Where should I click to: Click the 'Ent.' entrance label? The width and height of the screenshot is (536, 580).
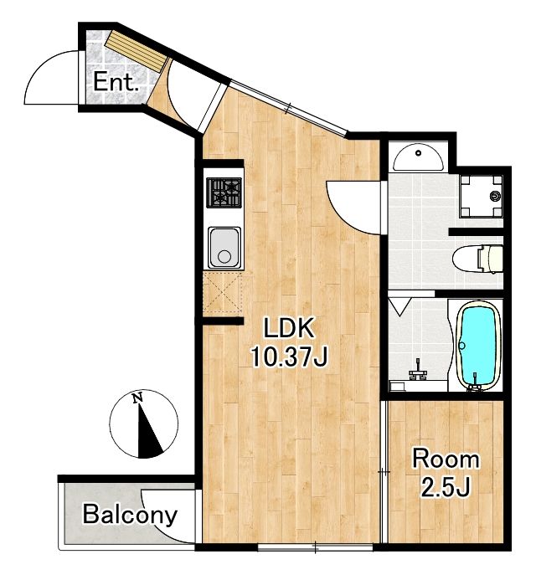(x=115, y=82)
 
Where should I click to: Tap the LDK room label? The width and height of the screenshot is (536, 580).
(x=289, y=327)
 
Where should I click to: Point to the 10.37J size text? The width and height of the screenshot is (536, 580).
(x=289, y=357)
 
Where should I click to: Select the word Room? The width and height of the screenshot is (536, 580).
(x=446, y=459)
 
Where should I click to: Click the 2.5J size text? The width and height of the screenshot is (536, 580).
(x=446, y=487)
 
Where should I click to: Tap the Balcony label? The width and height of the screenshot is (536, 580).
(x=130, y=514)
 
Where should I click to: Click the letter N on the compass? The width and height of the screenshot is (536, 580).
(x=137, y=398)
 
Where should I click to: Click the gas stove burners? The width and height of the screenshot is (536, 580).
(x=224, y=192)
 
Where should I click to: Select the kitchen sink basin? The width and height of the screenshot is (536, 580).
(x=224, y=247)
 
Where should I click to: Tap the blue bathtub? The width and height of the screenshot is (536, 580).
(x=476, y=345)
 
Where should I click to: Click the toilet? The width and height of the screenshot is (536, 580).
(x=477, y=259)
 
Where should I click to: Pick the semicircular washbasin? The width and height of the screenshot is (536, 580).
(x=418, y=157)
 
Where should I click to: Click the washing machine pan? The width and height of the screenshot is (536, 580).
(x=481, y=196)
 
